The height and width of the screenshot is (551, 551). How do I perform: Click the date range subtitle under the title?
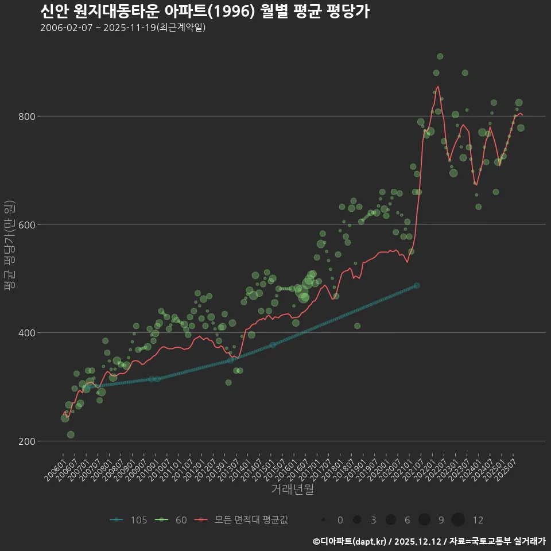[123, 28]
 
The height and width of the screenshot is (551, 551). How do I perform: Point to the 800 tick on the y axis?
[29, 117]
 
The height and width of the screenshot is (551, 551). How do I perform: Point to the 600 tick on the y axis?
[29, 224]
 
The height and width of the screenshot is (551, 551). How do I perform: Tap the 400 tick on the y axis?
[29, 333]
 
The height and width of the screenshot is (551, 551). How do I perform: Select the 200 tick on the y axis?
[29, 441]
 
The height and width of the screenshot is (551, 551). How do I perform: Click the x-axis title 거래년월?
[292, 490]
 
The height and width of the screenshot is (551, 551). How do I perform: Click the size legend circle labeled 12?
[457, 520]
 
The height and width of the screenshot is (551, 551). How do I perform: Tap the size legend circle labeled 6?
[391, 520]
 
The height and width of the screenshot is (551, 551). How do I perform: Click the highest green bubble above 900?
[440, 56]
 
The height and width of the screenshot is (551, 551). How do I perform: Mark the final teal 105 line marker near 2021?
[417, 285]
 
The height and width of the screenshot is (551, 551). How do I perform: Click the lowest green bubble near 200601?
[71, 434]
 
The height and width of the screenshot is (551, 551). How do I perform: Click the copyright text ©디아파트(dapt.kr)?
[350, 541]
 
